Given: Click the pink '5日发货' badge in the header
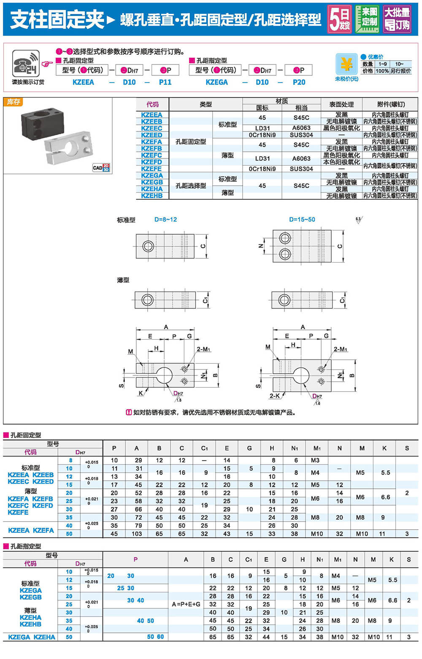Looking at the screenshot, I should (x=339, y=19).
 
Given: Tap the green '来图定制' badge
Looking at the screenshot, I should (x=367, y=19).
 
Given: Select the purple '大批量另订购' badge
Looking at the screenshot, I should (x=397, y=19).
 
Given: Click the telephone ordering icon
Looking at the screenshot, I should (x=26, y=64).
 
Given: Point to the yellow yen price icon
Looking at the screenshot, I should (x=346, y=64).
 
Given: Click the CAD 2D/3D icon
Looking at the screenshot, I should (x=101, y=167).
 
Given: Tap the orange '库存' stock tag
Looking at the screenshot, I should (x=13, y=102).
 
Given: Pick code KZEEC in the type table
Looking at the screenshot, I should (x=151, y=128).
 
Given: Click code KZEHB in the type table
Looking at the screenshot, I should (x=151, y=196).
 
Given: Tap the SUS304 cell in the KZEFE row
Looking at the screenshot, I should (x=301, y=169).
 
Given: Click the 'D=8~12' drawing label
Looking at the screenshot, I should (x=165, y=220).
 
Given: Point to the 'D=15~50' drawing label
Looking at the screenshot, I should (x=302, y=220).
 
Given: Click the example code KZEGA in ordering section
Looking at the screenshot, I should (x=216, y=82).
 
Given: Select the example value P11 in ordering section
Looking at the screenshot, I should (x=165, y=82).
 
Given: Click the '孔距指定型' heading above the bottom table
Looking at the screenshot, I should (x=26, y=546).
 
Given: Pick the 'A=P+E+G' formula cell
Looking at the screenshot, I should (x=186, y=604).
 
